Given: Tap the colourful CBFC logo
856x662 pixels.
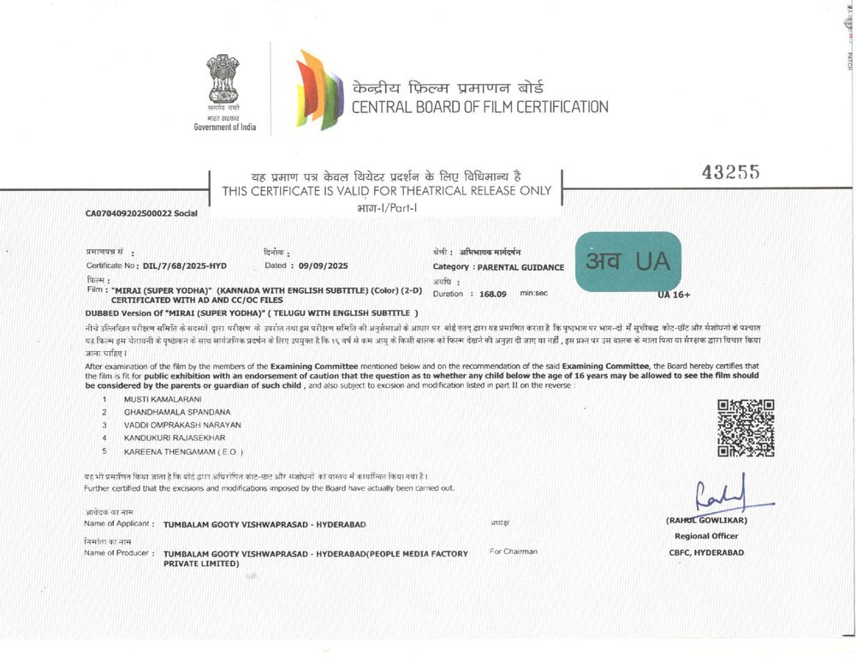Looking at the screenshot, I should click(x=318, y=89).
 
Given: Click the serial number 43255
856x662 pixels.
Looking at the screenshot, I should click(x=730, y=172).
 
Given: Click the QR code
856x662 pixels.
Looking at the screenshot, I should click(x=746, y=427).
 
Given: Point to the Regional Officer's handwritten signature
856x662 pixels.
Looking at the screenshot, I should click(x=726, y=495).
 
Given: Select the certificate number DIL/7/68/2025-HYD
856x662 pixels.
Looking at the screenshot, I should click(x=185, y=266).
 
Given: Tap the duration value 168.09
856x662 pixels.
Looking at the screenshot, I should click(x=493, y=294).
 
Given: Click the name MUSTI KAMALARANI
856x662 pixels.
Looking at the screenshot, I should click(x=163, y=399).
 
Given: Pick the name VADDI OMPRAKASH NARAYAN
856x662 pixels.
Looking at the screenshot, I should click(x=182, y=425).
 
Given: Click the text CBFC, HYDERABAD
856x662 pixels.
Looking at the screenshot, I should click(x=706, y=552).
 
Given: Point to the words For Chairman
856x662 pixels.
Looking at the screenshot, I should click(x=514, y=552).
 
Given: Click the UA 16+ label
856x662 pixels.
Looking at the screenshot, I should click(x=674, y=295).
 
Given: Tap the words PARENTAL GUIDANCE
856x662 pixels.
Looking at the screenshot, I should click(x=520, y=267).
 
